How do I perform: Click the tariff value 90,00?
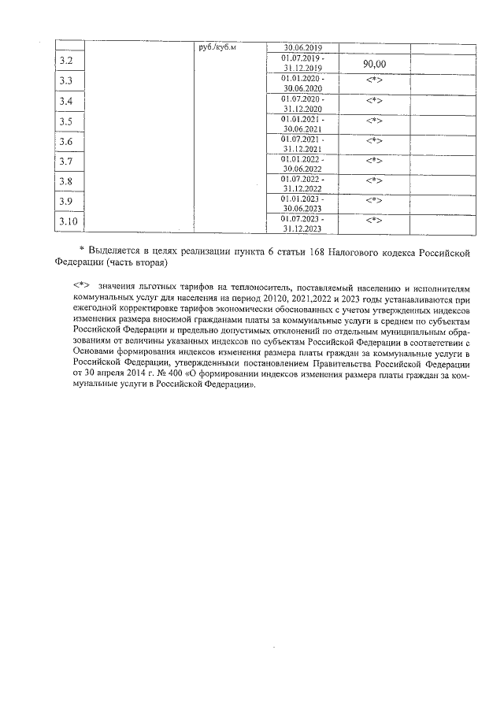coord(374,64)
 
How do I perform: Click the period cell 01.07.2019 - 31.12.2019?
coord(302,63)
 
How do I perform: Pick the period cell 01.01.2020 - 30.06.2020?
coord(302,84)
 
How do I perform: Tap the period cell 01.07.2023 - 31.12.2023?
coord(302,223)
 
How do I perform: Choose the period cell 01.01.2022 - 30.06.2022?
coord(302,163)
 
